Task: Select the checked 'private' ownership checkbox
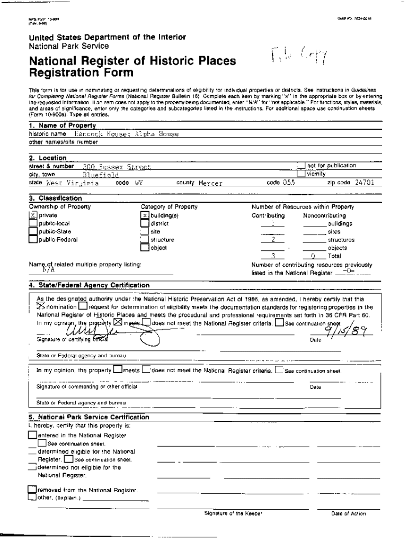[33, 215]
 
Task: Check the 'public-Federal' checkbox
[33, 240]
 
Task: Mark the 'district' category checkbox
[145, 223]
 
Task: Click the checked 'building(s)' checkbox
[145, 215]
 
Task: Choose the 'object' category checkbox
[145, 247]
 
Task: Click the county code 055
[288, 182]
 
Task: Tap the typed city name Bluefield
[101, 174]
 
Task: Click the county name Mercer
[210, 183]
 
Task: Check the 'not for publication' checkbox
[301, 166]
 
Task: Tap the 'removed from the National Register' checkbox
[32, 490]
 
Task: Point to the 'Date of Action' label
[348, 513]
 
